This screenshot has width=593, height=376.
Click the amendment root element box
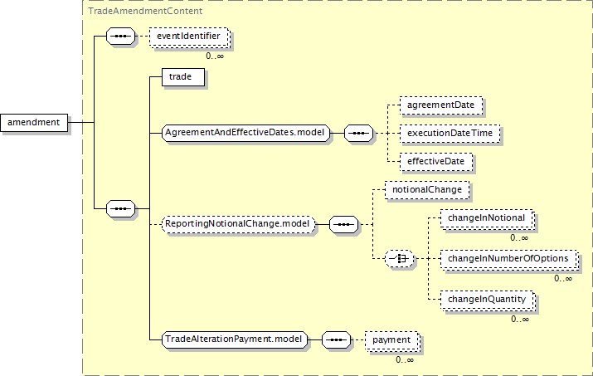34,123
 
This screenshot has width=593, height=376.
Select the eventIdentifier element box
187,37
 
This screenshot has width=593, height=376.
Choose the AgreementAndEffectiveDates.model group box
246,132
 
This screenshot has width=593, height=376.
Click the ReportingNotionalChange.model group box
239,223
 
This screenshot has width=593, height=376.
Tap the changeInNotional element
486,218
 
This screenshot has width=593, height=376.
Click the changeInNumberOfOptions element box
508,259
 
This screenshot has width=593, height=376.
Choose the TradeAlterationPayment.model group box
234,339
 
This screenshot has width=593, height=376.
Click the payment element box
391,339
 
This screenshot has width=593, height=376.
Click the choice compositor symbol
401,259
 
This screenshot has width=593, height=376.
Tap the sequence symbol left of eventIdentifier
121,37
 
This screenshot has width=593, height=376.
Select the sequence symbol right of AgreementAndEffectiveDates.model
357,132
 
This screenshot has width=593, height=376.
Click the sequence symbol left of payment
335,339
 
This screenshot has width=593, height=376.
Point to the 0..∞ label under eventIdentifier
214,56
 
